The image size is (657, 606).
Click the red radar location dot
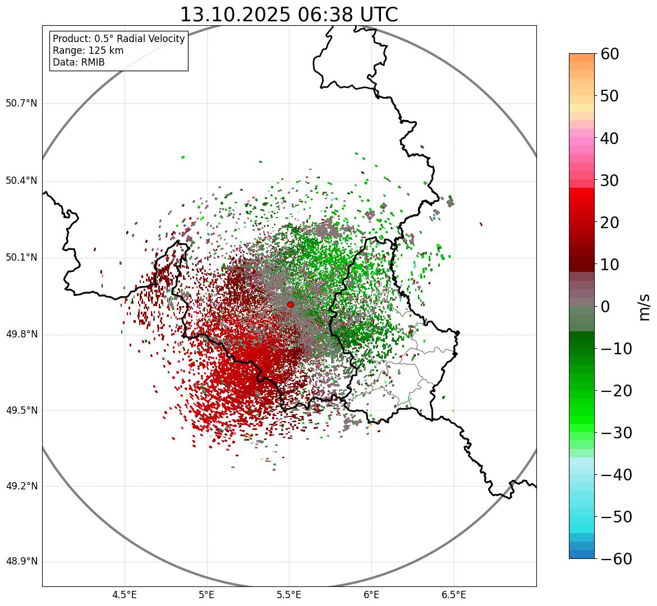point(290,304)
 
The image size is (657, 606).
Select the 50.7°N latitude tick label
point(21,104)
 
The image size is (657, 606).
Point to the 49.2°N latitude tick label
point(21,486)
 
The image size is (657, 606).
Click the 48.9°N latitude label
point(21,562)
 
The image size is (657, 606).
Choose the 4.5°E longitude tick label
point(125,594)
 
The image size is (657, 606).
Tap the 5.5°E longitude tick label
point(290,594)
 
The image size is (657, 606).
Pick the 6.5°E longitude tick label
point(454,594)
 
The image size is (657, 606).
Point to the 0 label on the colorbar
point(605,307)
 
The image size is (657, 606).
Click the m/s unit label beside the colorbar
point(645,307)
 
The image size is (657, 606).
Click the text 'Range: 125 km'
point(88,50)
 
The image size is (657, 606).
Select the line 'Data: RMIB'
point(79,62)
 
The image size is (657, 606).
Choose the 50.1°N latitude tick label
point(21,258)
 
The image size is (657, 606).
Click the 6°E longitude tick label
point(371,594)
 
